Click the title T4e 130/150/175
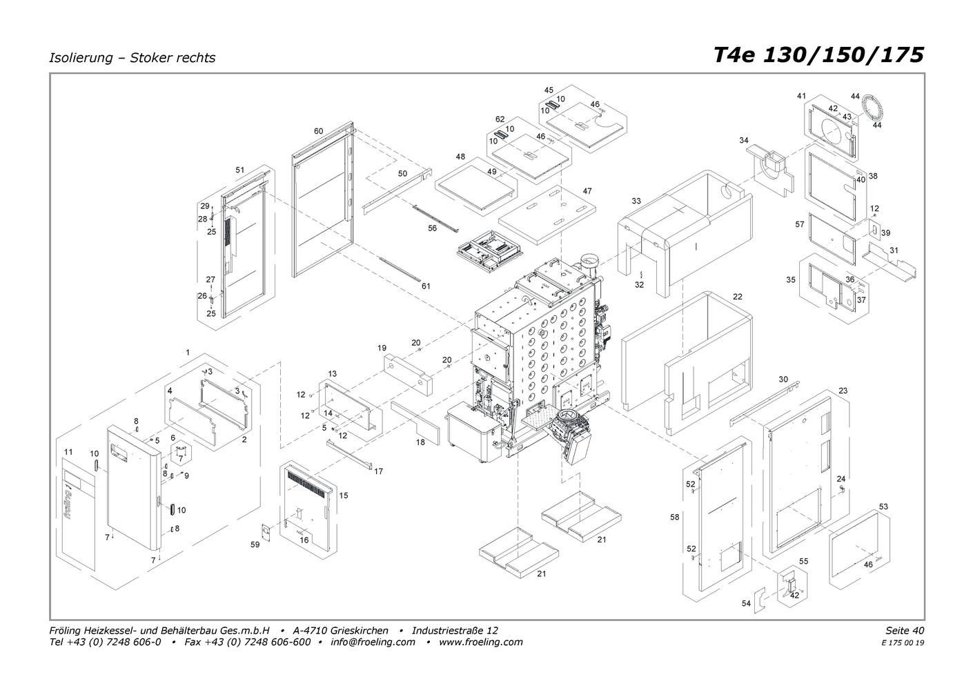pyautogui.click(x=819, y=55)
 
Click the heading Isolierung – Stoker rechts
pyautogui.click(x=132, y=58)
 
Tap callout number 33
pyautogui.click(x=636, y=201)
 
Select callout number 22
pyautogui.click(x=738, y=297)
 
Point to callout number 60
pyautogui.click(x=318, y=131)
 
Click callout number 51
pyautogui.click(x=239, y=170)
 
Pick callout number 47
pyautogui.click(x=587, y=191)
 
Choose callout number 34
pyautogui.click(x=744, y=141)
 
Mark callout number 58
pyautogui.click(x=675, y=518)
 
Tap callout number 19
pyautogui.click(x=382, y=348)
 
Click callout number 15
pyautogui.click(x=344, y=495)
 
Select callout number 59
pyautogui.click(x=255, y=544)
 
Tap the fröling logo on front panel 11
pyautogui.click(x=68, y=504)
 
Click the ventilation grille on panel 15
pyautogui.click(x=307, y=484)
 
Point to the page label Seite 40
pyautogui.click(x=905, y=630)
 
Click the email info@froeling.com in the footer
pyautogui.click(x=373, y=642)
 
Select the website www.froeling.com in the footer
pyautogui.click(x=481, y=642)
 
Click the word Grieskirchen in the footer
pyautogui.click(x=360, y=630)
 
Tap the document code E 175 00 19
pyautogui.click(x=903, y=643)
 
